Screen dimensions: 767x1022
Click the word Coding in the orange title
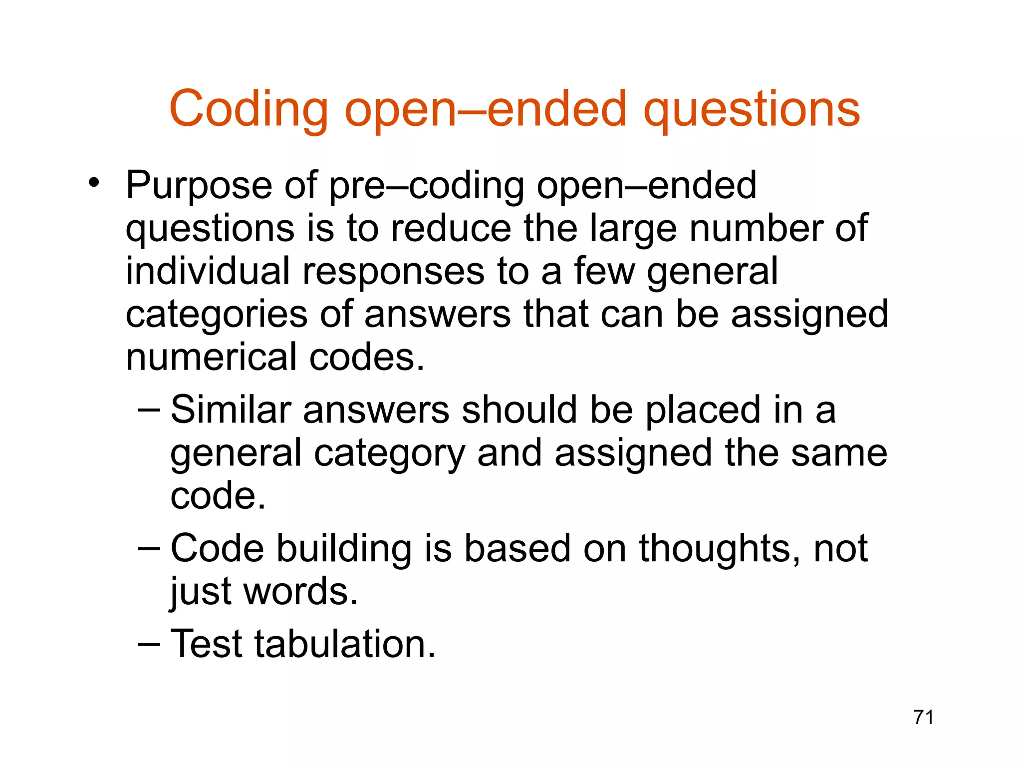(248, 109)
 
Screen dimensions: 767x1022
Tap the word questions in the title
(752, 109)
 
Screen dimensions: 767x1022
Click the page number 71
(923, 717)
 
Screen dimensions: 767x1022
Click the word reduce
(451, 228)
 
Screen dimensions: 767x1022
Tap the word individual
(208, 271)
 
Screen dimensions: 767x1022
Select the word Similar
(231, 409)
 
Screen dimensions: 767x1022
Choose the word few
(604, 271)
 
